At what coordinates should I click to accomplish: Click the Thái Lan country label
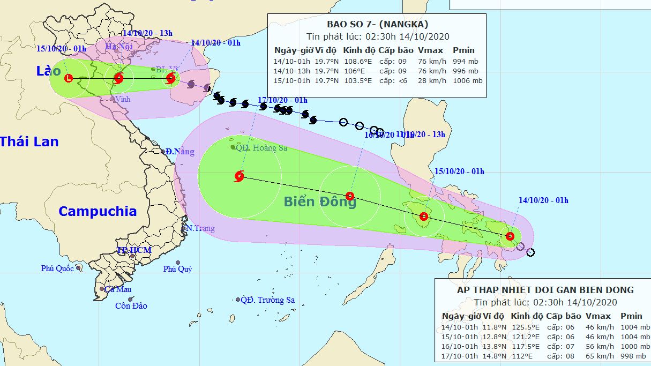click(x=29, y=141)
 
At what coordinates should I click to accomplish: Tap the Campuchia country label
click(x=98, y=211)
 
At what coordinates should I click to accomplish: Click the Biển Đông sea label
click(x=320, y=202)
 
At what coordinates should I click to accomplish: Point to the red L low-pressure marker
click(x=69, y=79)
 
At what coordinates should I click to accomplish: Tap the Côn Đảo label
click(x=131, y=306)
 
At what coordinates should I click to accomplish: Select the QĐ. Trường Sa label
click(x=268, y=300)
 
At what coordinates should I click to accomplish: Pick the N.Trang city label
click(x=200, y=228)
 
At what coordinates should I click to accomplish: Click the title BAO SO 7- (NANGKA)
click(x=378, y=24)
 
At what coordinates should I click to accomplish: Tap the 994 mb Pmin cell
click(x=465, y=61)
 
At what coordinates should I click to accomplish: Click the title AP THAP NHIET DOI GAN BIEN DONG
click(x=545, y=290)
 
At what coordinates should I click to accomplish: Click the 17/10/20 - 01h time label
click(x=282, y=100)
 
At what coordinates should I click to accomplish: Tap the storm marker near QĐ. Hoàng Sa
click(x=239, y=176)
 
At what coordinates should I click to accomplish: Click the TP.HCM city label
click(x=134, y=250)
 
